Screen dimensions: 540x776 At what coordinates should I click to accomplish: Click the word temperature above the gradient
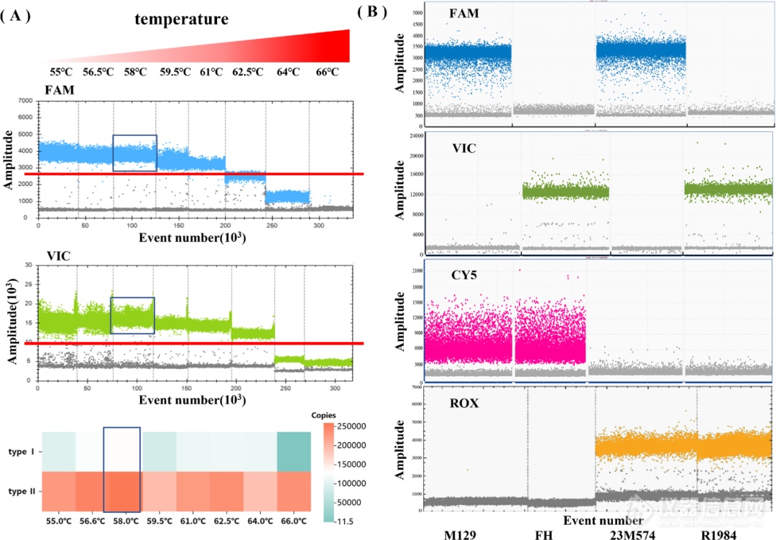click(x=181, y=19)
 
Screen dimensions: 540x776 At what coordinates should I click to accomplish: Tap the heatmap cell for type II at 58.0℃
click(x=122, y=491)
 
